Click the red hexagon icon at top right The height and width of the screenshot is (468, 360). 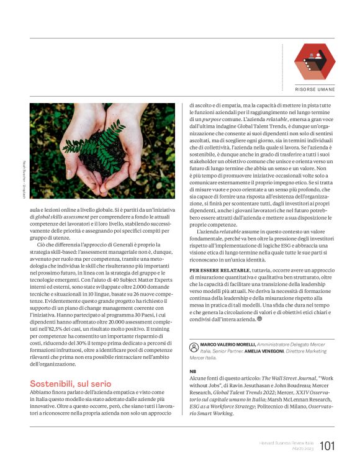(314, 61)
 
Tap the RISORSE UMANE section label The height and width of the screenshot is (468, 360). (315, 89)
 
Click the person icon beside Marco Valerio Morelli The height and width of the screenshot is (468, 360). (194, 344)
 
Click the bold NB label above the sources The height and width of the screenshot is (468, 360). (192, 372)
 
